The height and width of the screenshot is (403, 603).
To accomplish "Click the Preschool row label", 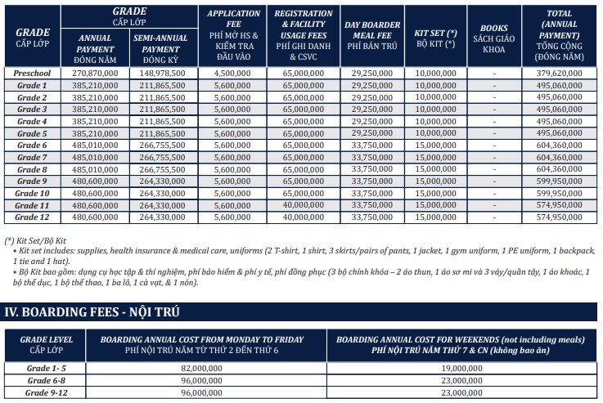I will tap(33, 73).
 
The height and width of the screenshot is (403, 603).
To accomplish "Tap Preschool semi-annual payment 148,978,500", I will tap(163, 73).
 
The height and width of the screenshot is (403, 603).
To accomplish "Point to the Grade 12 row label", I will tap(33, 217).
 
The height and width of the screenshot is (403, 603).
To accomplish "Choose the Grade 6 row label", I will tap(33, 145).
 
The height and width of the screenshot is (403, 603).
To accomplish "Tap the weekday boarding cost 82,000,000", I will tap(200, 369).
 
